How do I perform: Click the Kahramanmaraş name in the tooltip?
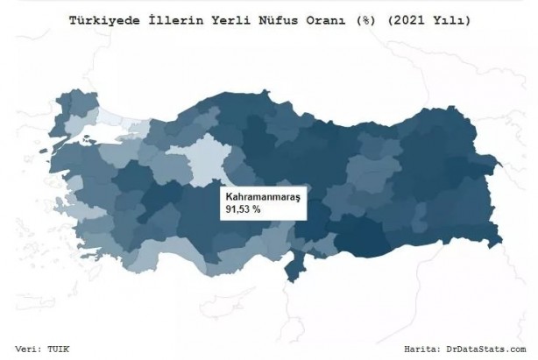262,199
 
